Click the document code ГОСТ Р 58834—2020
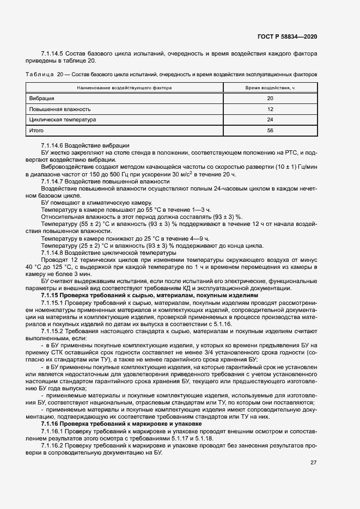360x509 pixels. coord(287,36)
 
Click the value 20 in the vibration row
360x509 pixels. coord(270,99)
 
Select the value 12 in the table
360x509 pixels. coord(270,109)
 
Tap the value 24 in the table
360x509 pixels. coord(270,120)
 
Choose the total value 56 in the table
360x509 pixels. coord(270,131)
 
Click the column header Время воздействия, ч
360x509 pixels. coord(270,88)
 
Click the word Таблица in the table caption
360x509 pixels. coord(38,73)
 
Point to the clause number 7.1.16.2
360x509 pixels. coord(52,444)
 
